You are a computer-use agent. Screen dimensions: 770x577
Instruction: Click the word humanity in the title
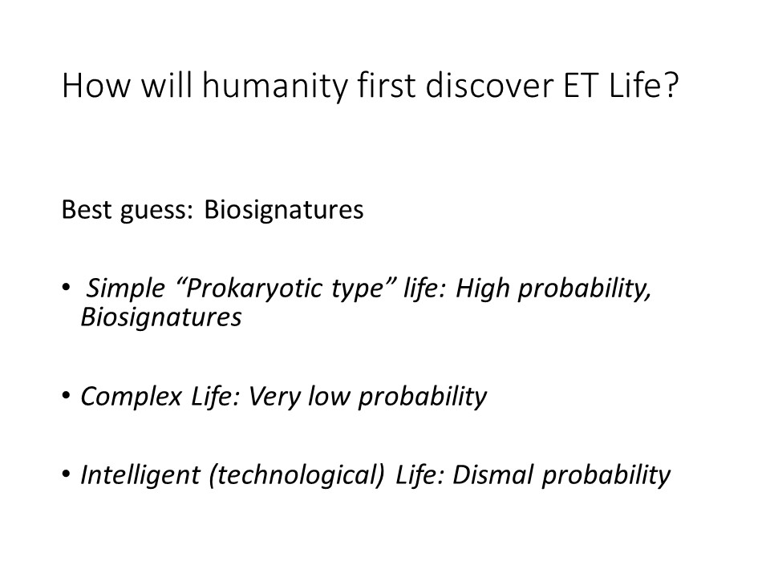(275, 87)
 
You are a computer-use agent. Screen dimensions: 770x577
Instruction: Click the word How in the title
(96, 87)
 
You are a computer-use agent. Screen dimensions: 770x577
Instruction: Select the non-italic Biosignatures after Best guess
(284, 210)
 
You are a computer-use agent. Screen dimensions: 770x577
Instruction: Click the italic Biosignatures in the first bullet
(161, 317)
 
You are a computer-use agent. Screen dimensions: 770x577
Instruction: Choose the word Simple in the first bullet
(126, 288)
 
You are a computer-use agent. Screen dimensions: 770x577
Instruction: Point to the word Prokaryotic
(254, 288)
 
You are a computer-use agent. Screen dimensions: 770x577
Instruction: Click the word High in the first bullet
(483, 288)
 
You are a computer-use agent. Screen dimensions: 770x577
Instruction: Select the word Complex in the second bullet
(131, 397)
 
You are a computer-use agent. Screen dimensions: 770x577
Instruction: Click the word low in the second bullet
(329, 396)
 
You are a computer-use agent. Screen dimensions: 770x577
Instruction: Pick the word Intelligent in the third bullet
(140, 475)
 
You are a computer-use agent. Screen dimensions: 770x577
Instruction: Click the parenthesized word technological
(297, 475)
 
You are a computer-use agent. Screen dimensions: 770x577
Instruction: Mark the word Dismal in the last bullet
(492, 474)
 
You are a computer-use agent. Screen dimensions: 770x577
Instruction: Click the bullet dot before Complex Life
(67, 395)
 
